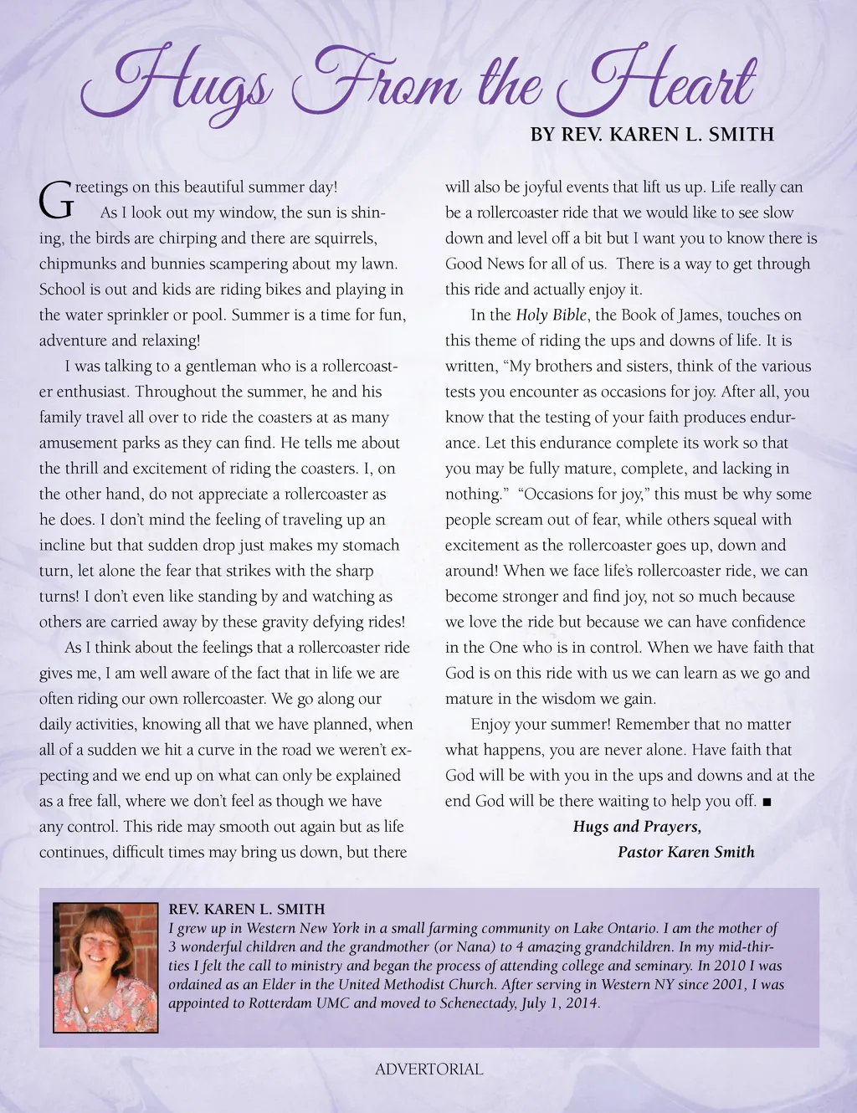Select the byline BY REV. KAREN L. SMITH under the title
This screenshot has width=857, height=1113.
[x=652, y=135]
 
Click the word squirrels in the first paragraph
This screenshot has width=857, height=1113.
[x=345, y=238]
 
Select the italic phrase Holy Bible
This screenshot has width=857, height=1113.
[x=552, y=315]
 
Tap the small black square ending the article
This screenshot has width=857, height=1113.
[x=767, y=802]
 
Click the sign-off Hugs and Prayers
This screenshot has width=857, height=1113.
[x=637, y=827]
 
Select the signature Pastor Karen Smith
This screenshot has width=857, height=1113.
[x=685, y=853]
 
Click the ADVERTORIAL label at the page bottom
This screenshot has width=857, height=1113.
[x=428, y=1069]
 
